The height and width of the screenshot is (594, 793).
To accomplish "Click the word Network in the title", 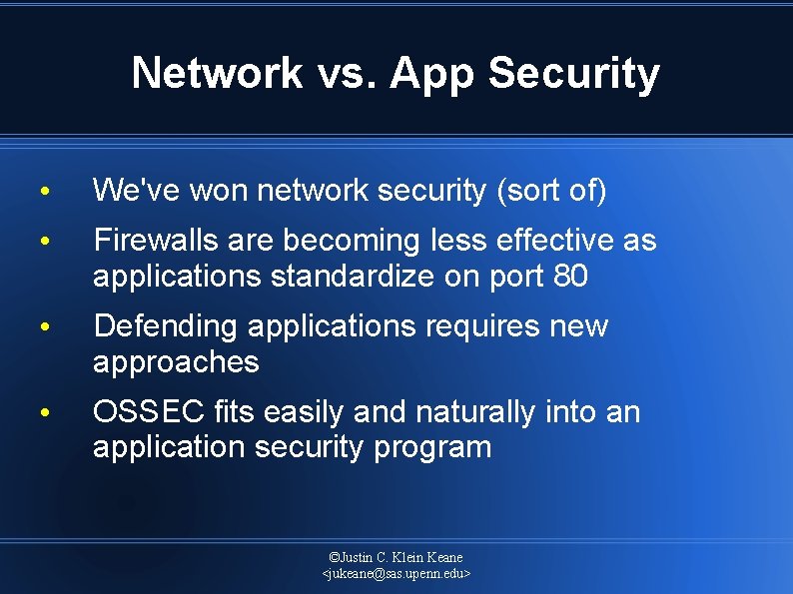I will point(217,73).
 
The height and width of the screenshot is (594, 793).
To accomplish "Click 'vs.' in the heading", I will point(346,73).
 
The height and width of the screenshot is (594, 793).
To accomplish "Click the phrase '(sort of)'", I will point(551,191).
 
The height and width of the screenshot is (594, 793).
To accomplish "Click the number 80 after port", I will point(569,277).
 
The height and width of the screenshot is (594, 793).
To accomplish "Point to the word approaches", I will point(176,362).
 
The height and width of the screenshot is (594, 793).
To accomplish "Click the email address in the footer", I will point(396,574).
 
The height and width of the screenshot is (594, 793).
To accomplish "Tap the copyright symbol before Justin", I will point(335,557).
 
